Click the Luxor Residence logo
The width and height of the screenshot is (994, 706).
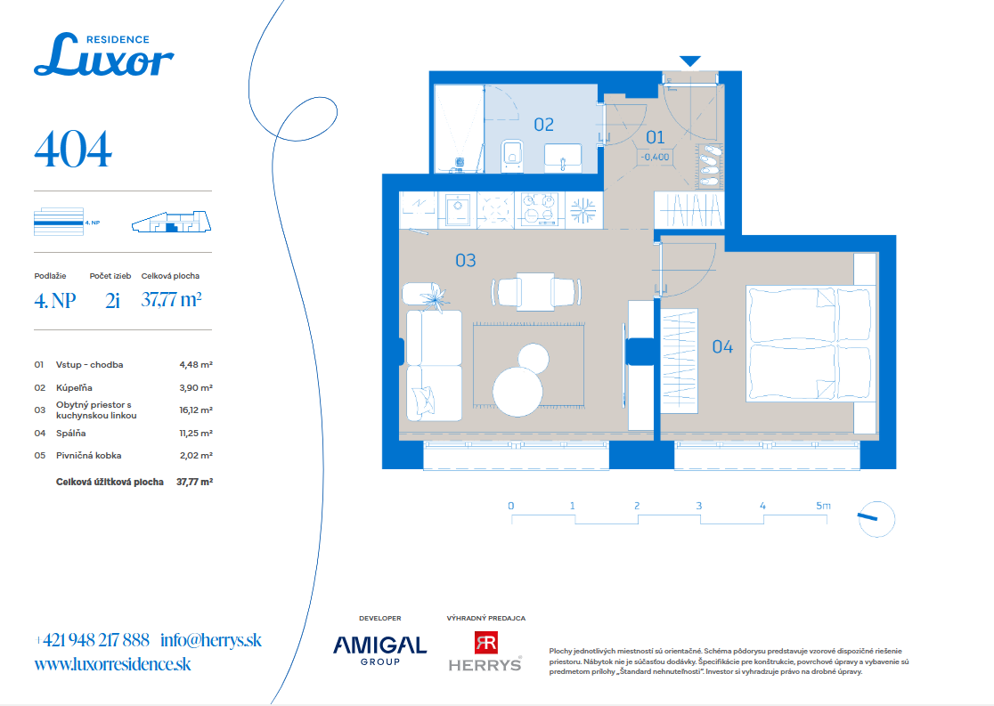(x=104, y=54)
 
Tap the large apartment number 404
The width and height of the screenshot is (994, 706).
(x=73, y=150)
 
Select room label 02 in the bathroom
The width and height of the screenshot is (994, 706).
(x=544, y=125)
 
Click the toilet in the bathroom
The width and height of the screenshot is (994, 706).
(x=512, y=155)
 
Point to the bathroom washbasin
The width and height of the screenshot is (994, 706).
(x=563, y=158)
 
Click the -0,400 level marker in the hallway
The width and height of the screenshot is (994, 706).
(x=655, y=157)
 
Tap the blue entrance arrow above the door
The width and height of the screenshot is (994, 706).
(x=689, y=61)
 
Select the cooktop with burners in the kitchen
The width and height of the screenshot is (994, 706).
(x=539, y=210)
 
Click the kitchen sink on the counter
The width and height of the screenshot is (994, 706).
(x=457, y=210)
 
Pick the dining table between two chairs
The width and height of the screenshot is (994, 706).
(x=536, y=291)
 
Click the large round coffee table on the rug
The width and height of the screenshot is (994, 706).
(x=517, y=393)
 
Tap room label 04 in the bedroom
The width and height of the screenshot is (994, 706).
(x=722, y=346)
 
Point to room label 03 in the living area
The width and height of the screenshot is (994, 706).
(x=466, y=261)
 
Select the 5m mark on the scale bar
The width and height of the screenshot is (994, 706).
(x=823, y=506)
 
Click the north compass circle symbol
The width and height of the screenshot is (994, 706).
(x=876, y=520)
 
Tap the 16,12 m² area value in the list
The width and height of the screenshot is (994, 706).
(x=196, y=410)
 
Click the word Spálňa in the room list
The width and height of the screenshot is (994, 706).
(x=71, y=434)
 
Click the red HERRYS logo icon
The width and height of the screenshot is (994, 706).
(x=486, y=643)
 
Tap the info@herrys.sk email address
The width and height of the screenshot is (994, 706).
(x=211, y=640)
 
